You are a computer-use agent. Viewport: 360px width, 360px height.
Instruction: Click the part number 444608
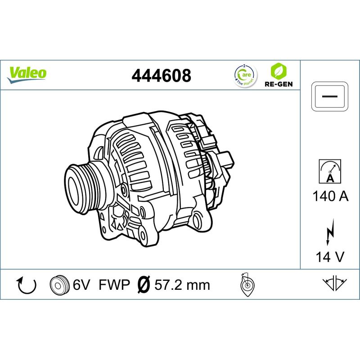(161, 76)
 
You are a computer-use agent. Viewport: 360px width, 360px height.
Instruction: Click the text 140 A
(330, 197)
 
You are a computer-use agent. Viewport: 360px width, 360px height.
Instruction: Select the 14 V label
(330, 257)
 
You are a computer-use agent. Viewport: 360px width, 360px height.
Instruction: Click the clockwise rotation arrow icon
(26, 285)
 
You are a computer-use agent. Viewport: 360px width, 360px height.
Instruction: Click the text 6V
(81, 285)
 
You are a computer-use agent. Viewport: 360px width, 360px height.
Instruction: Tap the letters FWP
(114, 285)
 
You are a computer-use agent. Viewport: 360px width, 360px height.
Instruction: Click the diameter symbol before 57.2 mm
(143, 285)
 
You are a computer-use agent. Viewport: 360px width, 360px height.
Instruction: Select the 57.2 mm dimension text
(182, 285)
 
